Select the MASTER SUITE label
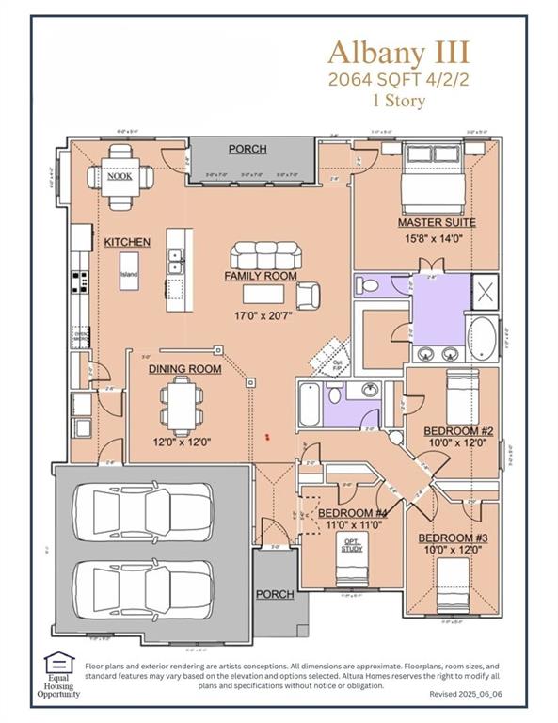[x=436, y=223]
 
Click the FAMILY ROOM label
[x=261, y=276]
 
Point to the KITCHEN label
[x=127, y=242]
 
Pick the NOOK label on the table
[x=120, y=176]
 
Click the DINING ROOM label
[x=185, y=369]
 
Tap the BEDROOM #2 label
[x=458, y=431]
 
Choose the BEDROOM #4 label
[x=353, y=513]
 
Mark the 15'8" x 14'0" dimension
[x=436, y=239]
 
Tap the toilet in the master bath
[x=370, y=284]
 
